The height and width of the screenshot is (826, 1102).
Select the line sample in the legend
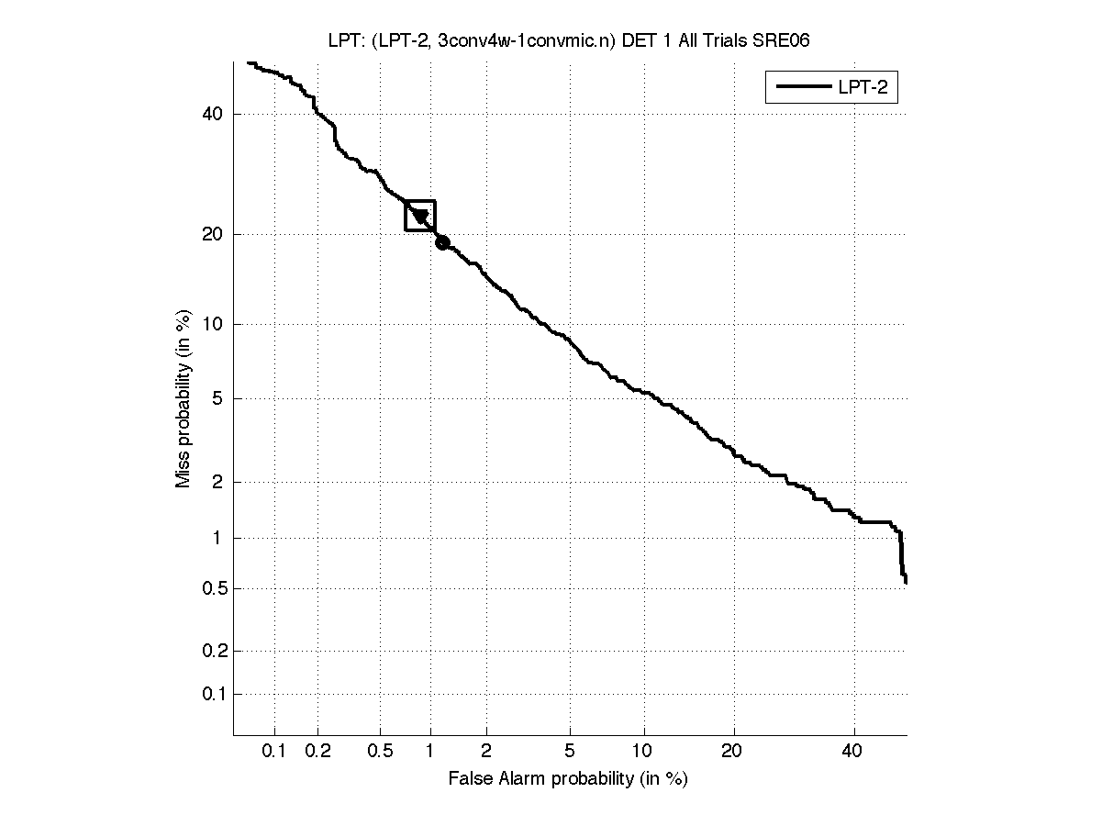(x=801, y=87)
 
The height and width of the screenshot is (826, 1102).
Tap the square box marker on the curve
(x=420, y=216)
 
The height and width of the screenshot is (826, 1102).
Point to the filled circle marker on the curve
(x=442, y=242)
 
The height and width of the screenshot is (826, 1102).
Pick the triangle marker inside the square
(x=420, y=217)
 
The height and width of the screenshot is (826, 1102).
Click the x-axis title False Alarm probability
(x=568, y=779)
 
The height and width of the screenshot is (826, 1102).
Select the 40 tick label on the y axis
(x=212, y=114)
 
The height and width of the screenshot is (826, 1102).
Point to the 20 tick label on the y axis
(x=212, y=234)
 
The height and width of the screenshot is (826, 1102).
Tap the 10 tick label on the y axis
(x=212, y=324)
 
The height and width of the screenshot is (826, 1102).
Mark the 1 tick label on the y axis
(x=217, y=538)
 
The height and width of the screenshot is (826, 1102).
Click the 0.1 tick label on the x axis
(x=274, y=752)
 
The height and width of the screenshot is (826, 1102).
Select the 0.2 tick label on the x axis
(x=317, y=752)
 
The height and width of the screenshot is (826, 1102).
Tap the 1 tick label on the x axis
(x=429, y=752)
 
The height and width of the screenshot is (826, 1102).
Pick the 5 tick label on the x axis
(x=570, y=752)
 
